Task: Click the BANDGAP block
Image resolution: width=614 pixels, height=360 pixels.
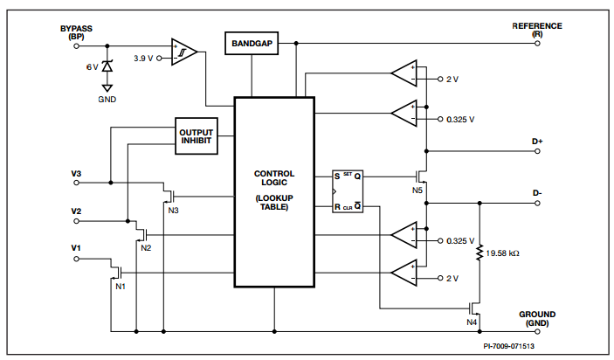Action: [x=252, y=43]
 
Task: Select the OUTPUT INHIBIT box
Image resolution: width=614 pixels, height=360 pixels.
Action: [x=197, y=136]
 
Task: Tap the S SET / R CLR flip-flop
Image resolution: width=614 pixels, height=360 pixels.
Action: [x=348, y=191]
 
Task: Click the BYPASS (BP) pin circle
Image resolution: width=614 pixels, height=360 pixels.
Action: [x=76, y=45]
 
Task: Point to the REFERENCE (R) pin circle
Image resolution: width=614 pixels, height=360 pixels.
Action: [x=537, y=43]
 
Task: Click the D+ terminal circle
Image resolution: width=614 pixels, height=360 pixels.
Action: [x=537, y=151]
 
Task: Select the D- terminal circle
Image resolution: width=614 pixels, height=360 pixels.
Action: [x=537, y=204]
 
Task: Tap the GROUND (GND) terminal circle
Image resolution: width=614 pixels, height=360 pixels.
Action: [x=537, y=332]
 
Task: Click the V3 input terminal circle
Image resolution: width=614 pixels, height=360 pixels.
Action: [x=76, y=183]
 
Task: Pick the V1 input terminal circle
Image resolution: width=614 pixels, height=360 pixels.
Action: [x=76, y=259]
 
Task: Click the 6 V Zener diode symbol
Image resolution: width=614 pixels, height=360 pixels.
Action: [x=107, y=66]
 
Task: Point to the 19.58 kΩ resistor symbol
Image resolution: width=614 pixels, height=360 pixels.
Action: [x=479, y=253]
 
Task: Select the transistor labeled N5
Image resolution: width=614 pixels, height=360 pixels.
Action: [x=422, y=177]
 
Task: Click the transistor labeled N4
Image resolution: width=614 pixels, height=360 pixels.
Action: [x=475, y=308]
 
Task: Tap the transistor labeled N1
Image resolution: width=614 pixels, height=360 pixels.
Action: [x=117, y=273]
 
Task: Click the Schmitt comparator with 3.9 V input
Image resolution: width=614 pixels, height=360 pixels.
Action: [x=183, y=52]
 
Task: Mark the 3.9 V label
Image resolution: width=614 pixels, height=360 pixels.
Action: [x=143, y=59]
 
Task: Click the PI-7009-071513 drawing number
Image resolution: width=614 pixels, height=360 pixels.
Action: [x=508, y=346]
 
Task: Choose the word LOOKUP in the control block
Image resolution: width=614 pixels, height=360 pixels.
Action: [x=275, y=198]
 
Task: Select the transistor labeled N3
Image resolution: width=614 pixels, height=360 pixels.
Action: [x=169, y=196]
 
